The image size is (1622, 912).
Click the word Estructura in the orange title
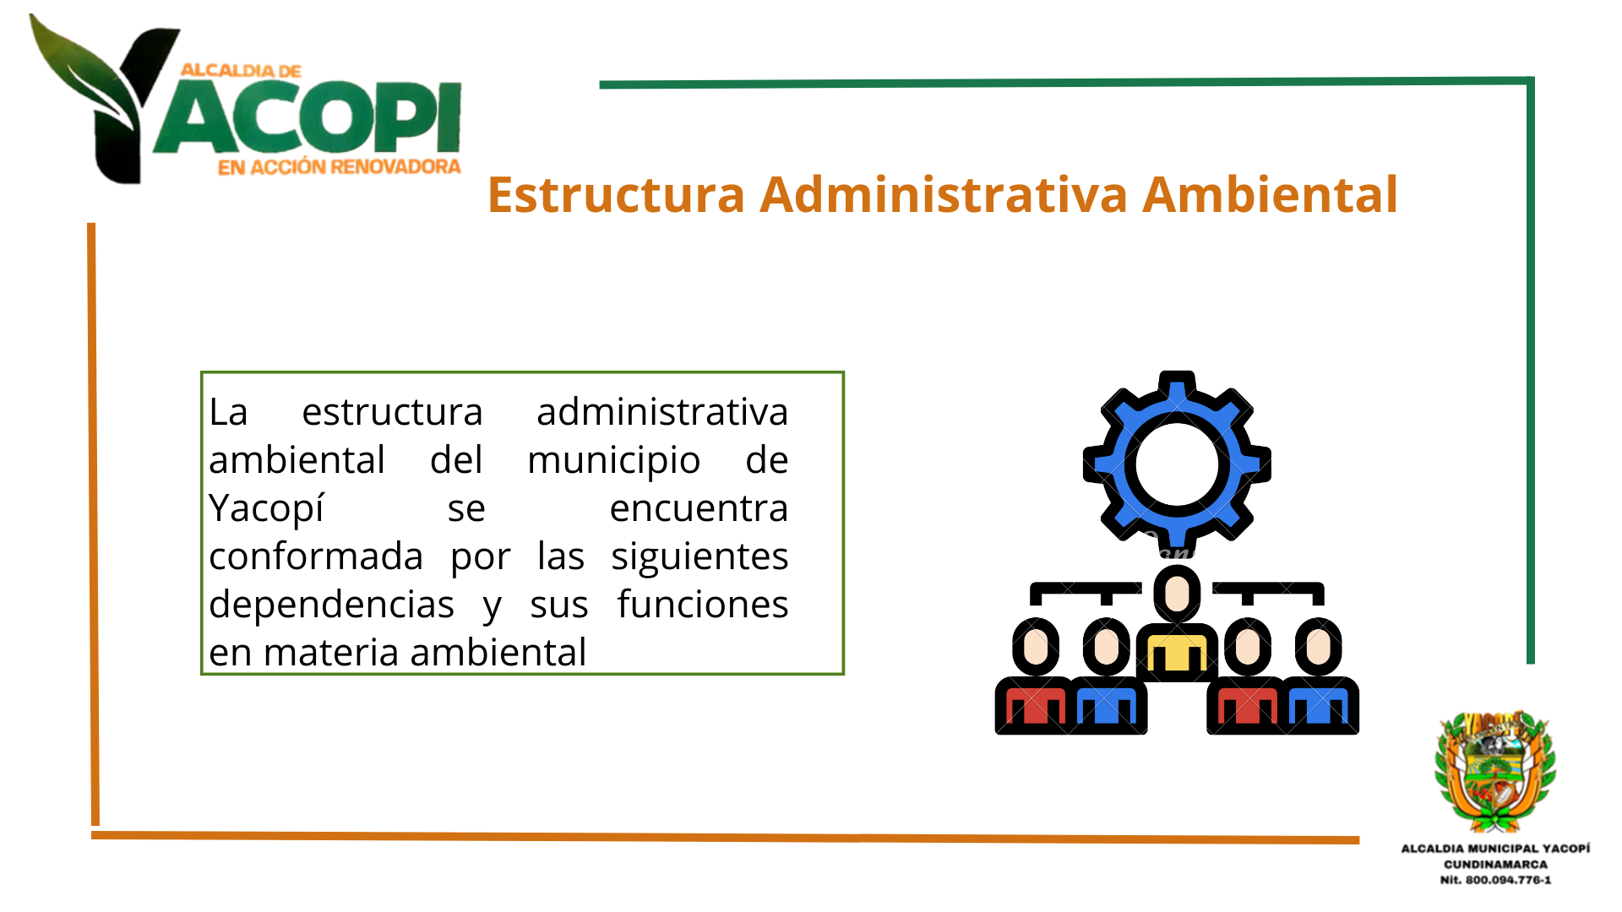click(x=617, y=194)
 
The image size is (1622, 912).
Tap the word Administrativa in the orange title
click(x=944, y=194)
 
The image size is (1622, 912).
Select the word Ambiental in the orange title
click(x=1271, y=194)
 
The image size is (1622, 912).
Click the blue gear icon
click(x=1177, y=463)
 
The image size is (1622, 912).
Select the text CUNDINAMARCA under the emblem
click(x=1495, y=865)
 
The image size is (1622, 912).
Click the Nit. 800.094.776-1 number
click(x=1495, y=880)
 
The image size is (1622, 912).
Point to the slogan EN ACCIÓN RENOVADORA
click(x=339, y=167)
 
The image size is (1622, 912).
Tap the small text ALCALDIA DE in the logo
click(x=241, y=71)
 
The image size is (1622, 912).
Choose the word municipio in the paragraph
click(x=614, y=460)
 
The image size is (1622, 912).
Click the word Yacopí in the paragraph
click(x=266, y=508)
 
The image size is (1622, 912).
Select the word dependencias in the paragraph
click(x=331, y=605)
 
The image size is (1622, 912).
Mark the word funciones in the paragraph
click(x=703, y=605)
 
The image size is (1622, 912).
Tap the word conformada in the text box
click(x=316, y=556)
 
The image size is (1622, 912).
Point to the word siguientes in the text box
click(x=700, y=556)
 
